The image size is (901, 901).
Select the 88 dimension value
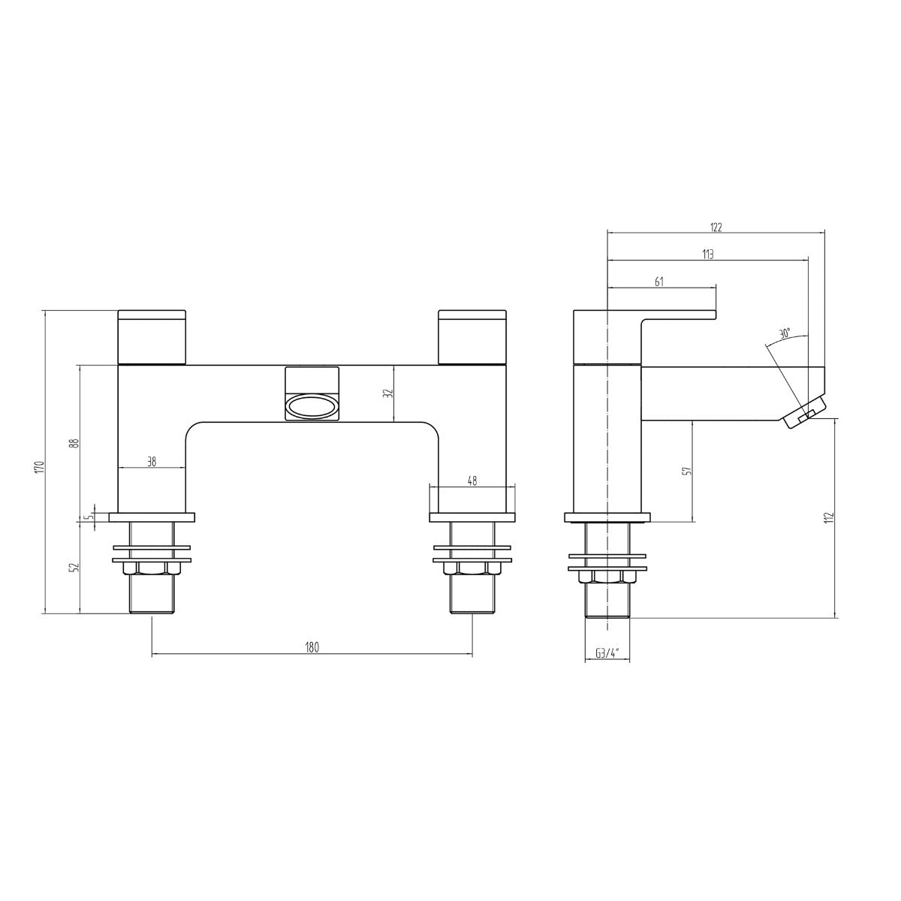pyautogui.click(x=77, y=443)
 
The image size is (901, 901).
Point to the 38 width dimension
pyautogui.click(x=152, y=462)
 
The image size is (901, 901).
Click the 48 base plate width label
pyautogui.click(x=472, y=481)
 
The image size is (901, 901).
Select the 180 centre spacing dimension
pyautogui.click(x=312, y=647)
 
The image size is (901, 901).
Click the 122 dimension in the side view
pyautogui.click(x=716, y=228)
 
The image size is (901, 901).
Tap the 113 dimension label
pyautogui.click(x=707, y=255)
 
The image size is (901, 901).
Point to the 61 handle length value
pyautogui.click(x=658, y=282)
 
